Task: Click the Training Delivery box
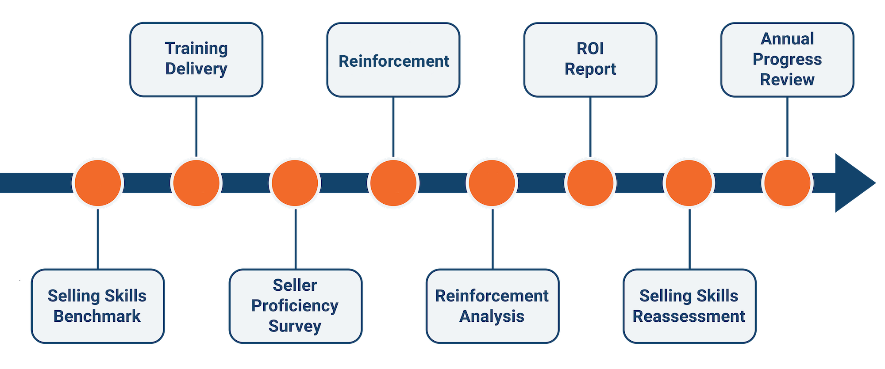pyautogui.click(x=196, y=59)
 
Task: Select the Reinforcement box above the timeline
pyautogui.click(x=393, y=60)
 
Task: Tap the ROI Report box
pyautogui.click(x=590, y=59)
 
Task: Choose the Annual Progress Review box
pyautogui.click(x=787, y=59)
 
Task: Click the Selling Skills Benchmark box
pyautogui.click(x=97, y=306)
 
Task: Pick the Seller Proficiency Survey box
pyautogui.click(x=295, y=306)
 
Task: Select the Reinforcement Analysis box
pyautogui.click(x=492, y=306)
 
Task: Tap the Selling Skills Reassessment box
pyautogui.click(x=689, y=306)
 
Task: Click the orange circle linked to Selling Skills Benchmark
pyautogui.click(x=98, y=183)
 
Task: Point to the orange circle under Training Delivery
pyautogui.click(x=196, y=183)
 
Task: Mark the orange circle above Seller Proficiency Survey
pyautogui.click(x=295, y=183)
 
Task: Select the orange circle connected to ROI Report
pyautogui.click(x=590, y=183)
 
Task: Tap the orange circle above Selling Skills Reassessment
pyautogui.click(x=689, y=183)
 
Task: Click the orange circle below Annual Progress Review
pyautogui.click(x=787, y=183)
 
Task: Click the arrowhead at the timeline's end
pyautogui.click(x=852, y=183)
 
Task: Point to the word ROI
pyautogui.click(x=590, y=49)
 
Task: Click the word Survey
pyautogui.click(x=295, y=326)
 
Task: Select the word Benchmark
pyautogui.click(x=97, y=316)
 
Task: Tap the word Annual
pyautogui.click(x=787, y=39)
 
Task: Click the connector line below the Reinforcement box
pyautogui.click(x=393, y=126)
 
